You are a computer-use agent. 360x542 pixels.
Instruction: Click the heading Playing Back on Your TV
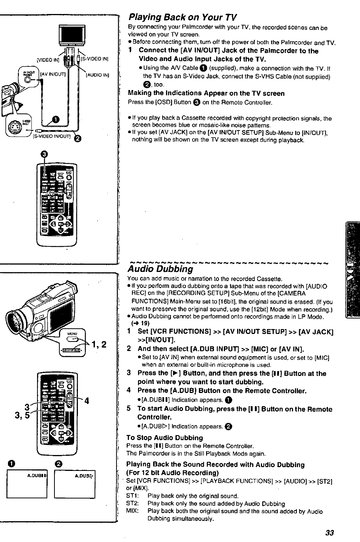click(183, 17)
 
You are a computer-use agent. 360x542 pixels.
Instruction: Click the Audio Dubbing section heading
click(160, 269)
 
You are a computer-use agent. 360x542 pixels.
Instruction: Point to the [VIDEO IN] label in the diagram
click(48, 59)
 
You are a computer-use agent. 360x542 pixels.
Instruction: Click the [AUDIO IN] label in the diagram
click(98, 75)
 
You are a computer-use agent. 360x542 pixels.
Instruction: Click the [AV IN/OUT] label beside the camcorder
click(53, 74)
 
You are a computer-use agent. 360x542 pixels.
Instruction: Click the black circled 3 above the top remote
click(44, 154)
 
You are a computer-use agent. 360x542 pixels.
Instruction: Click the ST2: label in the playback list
click(133, 503)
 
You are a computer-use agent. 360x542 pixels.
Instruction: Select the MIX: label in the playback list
click(133, 511)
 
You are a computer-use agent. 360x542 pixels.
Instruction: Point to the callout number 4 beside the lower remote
click(87, 400)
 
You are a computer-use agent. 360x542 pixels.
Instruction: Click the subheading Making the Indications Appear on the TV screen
click(206, 93)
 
